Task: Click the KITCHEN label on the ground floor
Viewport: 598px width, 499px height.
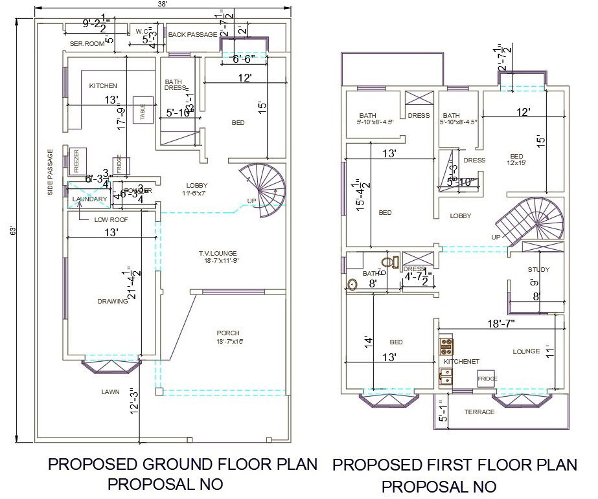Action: pyautogui.click(x=103, y=85)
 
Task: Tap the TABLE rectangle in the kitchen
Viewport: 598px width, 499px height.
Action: pyautogui.click(x=143, y=110)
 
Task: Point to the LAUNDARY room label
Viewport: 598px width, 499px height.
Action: pyautogui.click(x=89, y=199)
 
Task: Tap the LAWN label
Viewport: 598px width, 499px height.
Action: pyautogui.click(x=109, y=392)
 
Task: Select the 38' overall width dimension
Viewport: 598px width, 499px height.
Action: pyautogui.click(x=163, y=5)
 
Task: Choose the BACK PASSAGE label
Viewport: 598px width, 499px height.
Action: pyautogui.click(x=192, y=34)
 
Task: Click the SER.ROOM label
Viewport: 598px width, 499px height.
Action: pyautogui.click(x=87, y=44)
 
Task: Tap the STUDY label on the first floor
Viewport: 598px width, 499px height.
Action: pyautogui.click(x=538, y=269)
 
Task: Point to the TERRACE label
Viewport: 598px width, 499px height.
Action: pyautogui.click(x=479, y=412)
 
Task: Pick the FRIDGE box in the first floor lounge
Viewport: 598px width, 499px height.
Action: pyautogui.click(x=487, y=378)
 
